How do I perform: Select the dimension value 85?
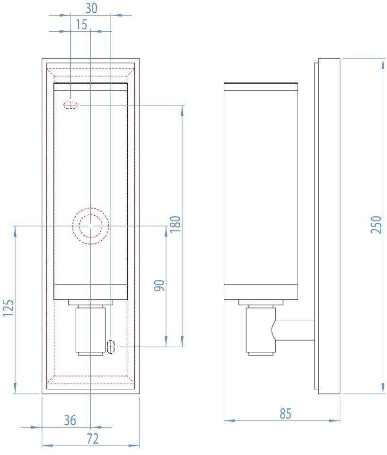tap(285, 413)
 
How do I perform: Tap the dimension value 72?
tap(93, 439)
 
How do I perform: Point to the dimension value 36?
tap(70, 420)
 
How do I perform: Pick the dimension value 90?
tap(159, 286)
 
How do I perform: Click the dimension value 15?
tap(81, 25)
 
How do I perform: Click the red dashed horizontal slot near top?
tap(70, 105)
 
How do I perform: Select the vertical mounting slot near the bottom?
tap(111, 347)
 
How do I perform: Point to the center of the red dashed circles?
tap(90, 226)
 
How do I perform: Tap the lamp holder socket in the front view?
tap(90, 330)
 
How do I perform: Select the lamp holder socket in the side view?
tap(259, 330)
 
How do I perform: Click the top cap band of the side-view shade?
tap(260, 87)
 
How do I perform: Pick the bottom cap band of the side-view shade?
tap(260, 292)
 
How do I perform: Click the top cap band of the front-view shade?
tap(90, 87)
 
